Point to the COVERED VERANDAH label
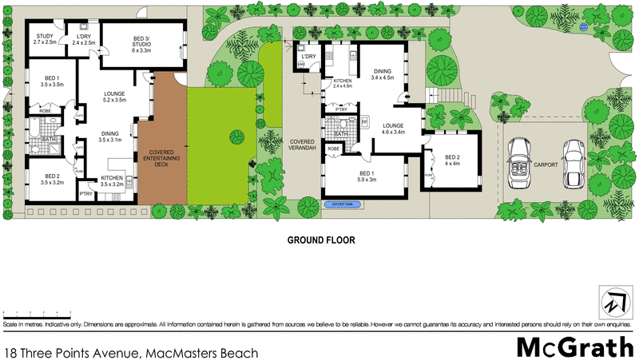pos(304,144)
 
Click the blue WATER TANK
pos(343,204)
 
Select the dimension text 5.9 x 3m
pos(367,179)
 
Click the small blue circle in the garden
pos(584,26)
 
